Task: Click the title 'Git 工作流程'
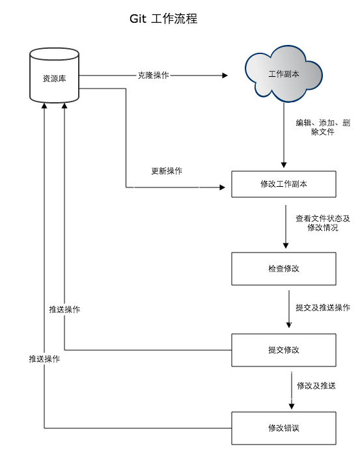click(163, 19)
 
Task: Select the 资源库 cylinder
click(54, 75)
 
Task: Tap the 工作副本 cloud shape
click(283, 74)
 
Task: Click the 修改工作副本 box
click(284, 184)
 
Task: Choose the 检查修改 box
click(284, 269)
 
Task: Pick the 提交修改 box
click(284, 350)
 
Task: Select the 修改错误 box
click(284, 428)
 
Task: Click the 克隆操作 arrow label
click(153, 75)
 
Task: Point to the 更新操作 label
click(167, 171)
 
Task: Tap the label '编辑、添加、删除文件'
click(323, 128)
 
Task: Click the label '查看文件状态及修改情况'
click(323, 223)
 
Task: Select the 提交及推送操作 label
click(323, 307)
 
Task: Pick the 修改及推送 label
click(316, 385)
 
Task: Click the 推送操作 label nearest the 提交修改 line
click(64, 309)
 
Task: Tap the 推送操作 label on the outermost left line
click(44, 359)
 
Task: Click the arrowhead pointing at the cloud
click(225, 75)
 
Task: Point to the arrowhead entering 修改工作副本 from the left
click(222, 187)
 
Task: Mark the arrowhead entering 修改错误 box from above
click(292, 406)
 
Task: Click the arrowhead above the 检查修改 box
click(286, 245)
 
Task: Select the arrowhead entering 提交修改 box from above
click(288, 325)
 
